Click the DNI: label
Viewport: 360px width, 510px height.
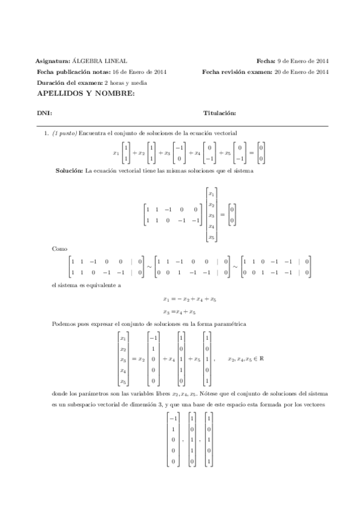click(x=44, y=113)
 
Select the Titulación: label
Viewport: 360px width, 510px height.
click(x=219, y=113)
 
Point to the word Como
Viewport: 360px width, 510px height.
click(x=60, y=248)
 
